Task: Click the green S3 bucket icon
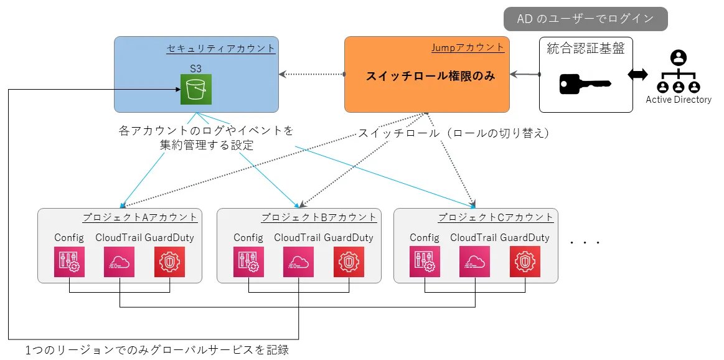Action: tap(196, 89)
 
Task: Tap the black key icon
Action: tap(585, 84)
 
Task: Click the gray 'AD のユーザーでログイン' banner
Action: tap(585, 19)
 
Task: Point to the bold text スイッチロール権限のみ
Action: tap(430, 76)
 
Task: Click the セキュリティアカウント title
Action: tap(221, 47)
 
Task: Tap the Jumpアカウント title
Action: tap(468, 47)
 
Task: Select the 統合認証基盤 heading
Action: tap(585, 48)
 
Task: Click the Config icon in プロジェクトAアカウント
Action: tap(69, 262)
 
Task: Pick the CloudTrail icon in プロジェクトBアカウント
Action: tap(298, 262)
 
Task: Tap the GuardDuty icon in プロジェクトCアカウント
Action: tap(525, 262)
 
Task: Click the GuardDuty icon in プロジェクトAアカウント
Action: tap(169, 262)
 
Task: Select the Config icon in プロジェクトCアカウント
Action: tap(425, 262)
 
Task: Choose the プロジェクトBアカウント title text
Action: tap(319, 217)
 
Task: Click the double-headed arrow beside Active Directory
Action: tap(638, 75)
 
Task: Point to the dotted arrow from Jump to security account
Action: tap(312, 74)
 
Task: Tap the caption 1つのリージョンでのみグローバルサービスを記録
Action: tap(157, 349)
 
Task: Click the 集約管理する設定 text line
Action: tap(207, 145)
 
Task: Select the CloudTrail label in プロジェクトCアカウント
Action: tap(474, 237)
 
